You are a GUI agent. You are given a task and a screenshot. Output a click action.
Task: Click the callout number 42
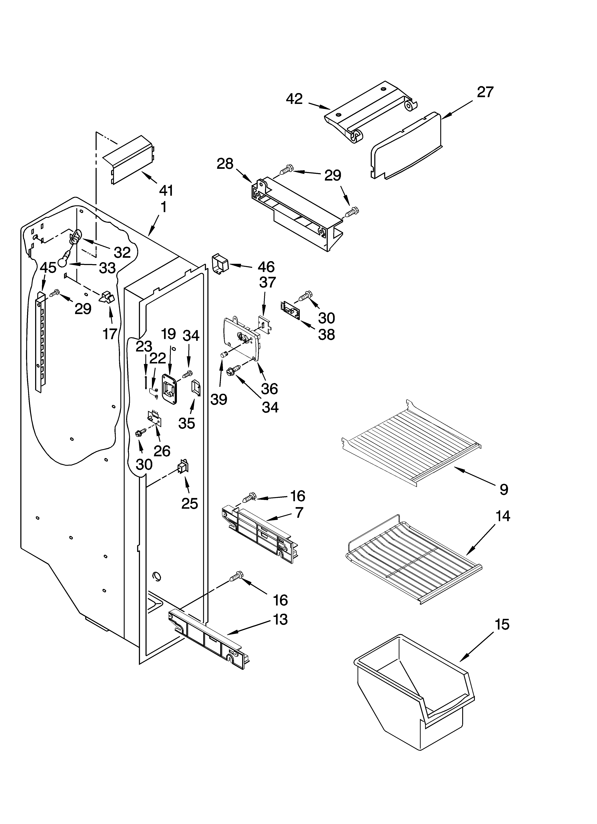point(294,99)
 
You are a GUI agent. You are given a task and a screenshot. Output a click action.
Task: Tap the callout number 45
point(48,268)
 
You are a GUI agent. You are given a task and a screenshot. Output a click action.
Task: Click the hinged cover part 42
point(369,111)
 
